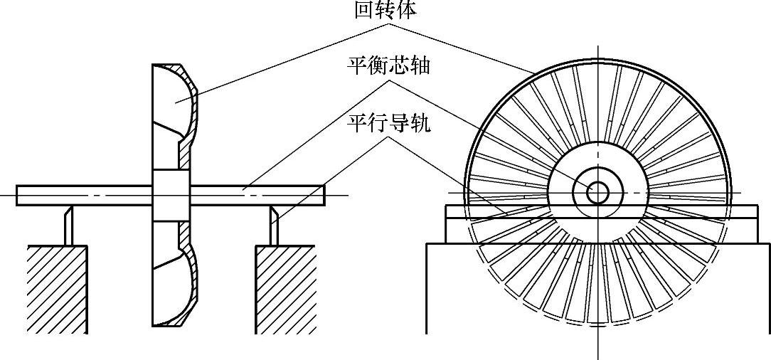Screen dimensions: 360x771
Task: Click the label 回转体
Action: pos(385,10)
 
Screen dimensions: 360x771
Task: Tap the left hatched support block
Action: pos(57,288)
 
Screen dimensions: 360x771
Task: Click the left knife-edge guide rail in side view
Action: pos(68,225)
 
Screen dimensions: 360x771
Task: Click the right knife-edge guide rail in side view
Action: pos(274,225)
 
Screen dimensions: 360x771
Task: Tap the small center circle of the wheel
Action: pos(597,192)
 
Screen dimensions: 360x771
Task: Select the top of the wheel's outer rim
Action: pos(597,63)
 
